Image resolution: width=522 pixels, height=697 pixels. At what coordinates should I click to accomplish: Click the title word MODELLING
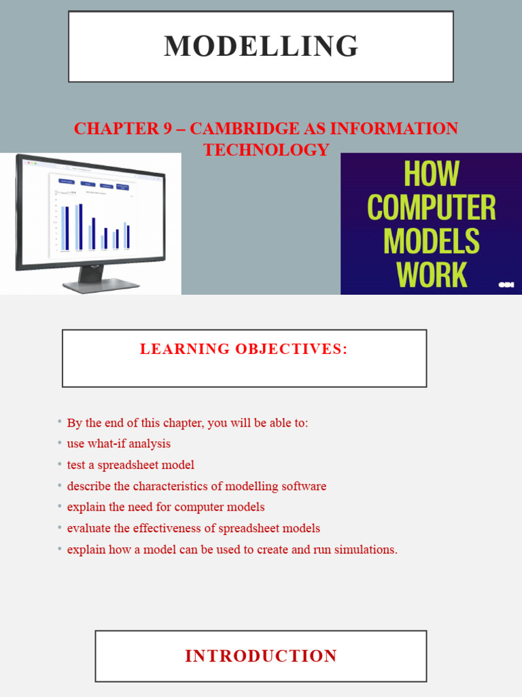click(x=261, y=46)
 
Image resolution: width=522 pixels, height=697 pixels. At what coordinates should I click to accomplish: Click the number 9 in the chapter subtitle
click(x=167, y=128)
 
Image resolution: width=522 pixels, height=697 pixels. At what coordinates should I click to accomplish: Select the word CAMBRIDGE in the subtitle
click(x=259, y=128)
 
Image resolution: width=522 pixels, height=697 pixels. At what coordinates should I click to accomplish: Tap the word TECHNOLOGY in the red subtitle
click(x=266, y=150)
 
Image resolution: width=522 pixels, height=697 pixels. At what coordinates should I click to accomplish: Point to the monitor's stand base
click(x=101, y=286)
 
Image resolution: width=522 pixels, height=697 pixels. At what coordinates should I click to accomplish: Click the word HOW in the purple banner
click(x=431, y=174)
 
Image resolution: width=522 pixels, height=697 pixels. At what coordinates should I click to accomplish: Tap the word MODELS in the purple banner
click(x=431, y=242)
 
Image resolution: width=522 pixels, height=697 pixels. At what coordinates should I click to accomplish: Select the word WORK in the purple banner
click(x=431, y=274)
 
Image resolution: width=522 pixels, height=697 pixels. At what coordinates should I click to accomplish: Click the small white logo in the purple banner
click(x=506, y=285)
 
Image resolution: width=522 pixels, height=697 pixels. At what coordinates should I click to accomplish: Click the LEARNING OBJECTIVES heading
click(x=244, y=349)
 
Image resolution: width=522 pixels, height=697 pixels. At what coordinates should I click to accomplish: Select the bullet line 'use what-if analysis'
click(x=119, y=444)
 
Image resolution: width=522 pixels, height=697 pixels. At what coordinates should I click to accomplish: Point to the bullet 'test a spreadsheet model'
click(x=130, y=465)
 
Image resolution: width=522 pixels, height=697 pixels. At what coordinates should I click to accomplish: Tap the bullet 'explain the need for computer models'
click(x=166, y=507)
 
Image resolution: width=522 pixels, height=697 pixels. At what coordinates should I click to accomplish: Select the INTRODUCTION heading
click(x=261, y=656)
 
